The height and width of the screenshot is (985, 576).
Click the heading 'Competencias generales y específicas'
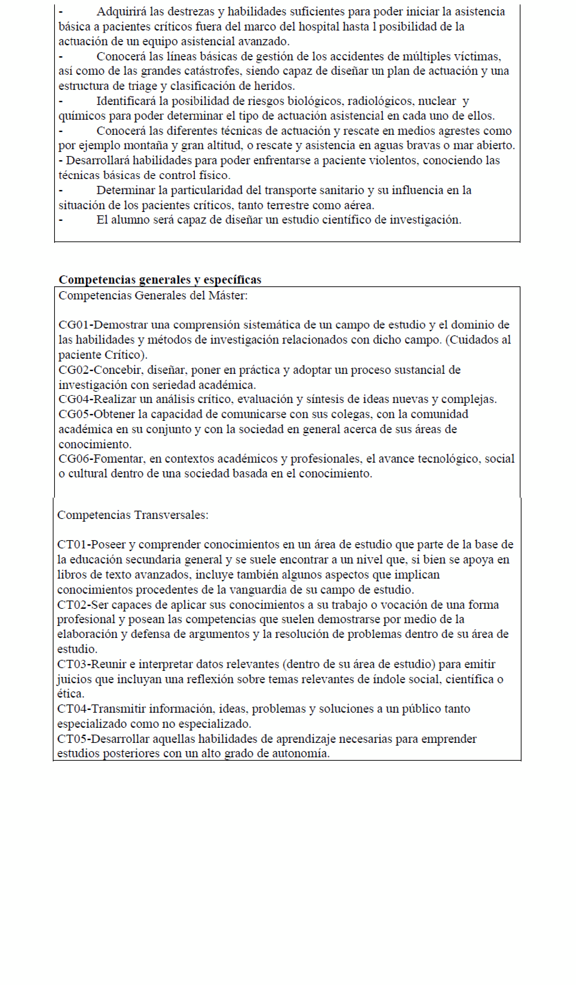tap(160, 280)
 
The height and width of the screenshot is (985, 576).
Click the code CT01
tap(72, 545)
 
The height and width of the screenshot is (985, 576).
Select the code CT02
tap(72, 605)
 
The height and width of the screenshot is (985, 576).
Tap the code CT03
tap(72, 664)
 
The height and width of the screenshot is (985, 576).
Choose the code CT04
tap(72, 709)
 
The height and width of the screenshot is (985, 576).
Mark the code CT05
tap(72, 739)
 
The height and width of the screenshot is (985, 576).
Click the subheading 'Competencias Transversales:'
tap(133, 515)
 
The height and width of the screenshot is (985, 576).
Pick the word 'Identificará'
tap(127, 101)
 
